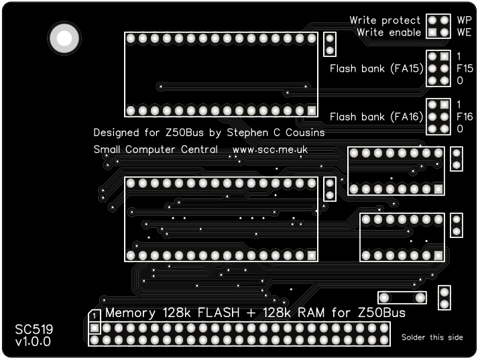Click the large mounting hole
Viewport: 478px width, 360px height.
tap(64, 38)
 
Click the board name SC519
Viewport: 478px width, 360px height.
tap(34, 329)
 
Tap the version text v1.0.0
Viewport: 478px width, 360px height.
tap(33, 342)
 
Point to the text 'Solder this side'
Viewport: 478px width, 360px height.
tap(432, 337)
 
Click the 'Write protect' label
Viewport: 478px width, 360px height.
tap(385, 20)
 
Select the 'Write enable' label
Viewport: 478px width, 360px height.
tap(389, 32)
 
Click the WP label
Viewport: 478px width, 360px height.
tap(464, 20)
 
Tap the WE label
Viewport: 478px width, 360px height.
tap(464, 32)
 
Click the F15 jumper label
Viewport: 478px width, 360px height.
tap(465, 68)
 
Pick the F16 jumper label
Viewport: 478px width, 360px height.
tap(465, 117)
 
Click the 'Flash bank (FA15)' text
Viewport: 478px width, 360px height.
tap(375, 68)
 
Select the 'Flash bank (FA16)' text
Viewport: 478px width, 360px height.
tap(375, 117)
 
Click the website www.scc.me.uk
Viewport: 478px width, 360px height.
tap(270, 149)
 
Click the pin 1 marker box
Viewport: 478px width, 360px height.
tap(95, 315)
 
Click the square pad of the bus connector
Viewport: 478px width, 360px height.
tap(95, 328)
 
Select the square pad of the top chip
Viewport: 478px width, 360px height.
tap(312, 110)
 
